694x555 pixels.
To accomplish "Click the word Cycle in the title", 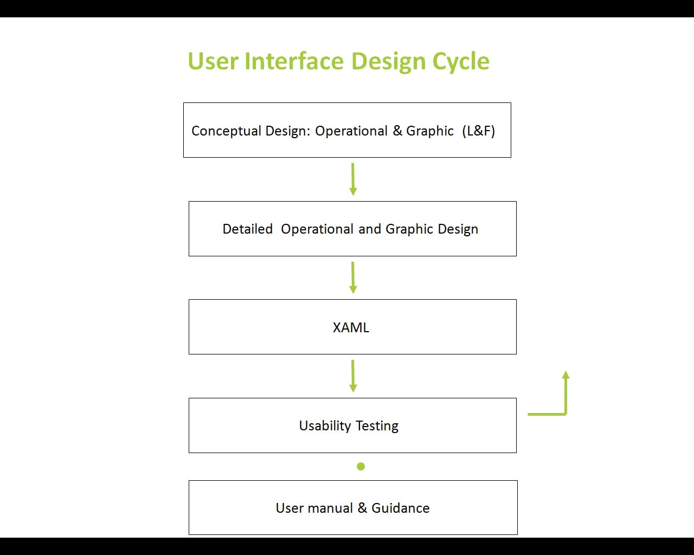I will [x=461, y=61].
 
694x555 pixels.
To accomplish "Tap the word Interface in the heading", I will [x=294, y=61].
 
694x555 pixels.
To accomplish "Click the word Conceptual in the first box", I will [x=226, y=131].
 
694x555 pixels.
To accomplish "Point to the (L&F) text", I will [x=478, y=131].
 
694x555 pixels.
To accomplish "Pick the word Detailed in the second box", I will [x=247, y=229].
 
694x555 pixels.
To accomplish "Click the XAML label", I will [x=351, y=327].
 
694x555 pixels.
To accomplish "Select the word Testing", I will [x=377, y=426].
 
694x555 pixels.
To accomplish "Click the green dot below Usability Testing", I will [x=361, y=466].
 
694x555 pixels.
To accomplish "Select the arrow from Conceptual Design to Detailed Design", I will [x=353, y=179].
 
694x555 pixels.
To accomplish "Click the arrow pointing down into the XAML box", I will [x=353, y=277].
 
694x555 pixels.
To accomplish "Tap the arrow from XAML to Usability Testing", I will [x=353, y=376].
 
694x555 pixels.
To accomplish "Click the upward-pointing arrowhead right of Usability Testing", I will [x=566, y=375].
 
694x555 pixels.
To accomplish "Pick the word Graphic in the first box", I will [x=429, y=131].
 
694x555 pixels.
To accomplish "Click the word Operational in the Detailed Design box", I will [x=317, y=229].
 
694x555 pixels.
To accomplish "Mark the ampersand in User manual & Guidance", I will [x=362, y=508].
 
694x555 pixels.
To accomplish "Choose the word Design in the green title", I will [x=388, y=61].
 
